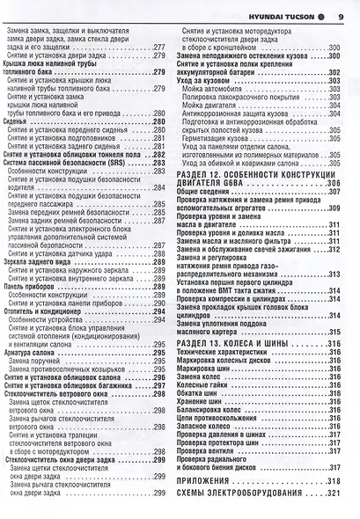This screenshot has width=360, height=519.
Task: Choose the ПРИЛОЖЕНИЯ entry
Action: point(210,482)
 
